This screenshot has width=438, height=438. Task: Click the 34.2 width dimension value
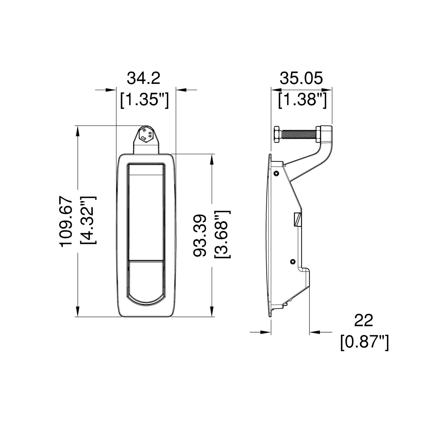(x=143, y=79)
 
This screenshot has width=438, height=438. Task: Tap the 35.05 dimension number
(x=301, y=79)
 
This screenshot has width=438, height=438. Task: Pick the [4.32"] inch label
(x=87, y=220)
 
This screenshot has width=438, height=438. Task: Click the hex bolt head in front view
(x=146, y=135)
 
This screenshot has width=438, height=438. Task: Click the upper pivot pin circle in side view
(x=276, y=173)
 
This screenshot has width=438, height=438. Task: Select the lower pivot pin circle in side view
(x=292, y=261)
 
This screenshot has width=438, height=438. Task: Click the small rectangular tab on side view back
(x=297, y=220)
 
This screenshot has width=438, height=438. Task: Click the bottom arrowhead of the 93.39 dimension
(x=211, y=311)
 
